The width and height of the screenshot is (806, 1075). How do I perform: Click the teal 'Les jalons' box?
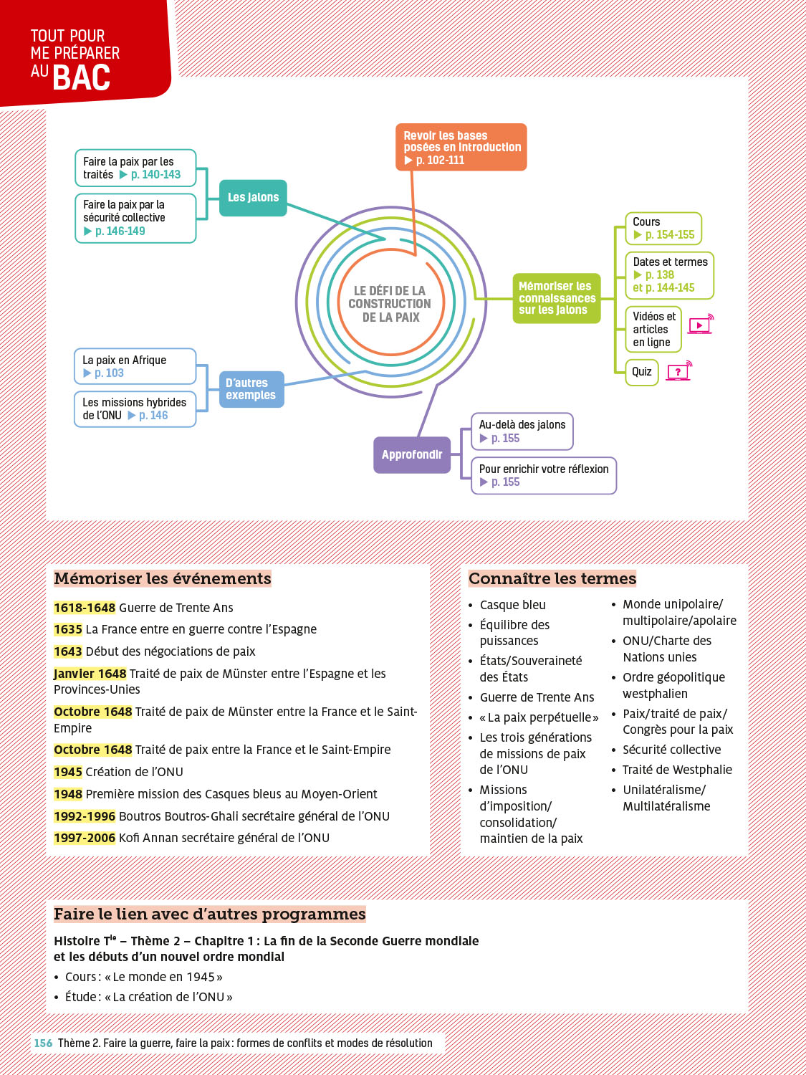point(253,198)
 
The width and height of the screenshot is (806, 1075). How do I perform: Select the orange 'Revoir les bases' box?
point(461,147)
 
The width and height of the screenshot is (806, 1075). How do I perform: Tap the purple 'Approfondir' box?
point(412,454)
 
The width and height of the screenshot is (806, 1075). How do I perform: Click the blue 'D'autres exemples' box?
point(251,389)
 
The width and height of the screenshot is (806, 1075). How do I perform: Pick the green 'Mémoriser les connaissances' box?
point(557,298)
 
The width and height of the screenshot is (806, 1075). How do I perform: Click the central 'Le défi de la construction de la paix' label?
point(390,304)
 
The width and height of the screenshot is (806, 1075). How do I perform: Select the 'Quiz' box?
point(642,372)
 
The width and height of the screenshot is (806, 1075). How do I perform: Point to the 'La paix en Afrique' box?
point(135,366)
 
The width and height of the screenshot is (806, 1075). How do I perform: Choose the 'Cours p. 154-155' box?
point(663,229)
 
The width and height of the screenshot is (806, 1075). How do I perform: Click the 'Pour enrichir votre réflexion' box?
point(544,475)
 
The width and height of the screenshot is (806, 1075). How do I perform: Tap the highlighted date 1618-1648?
point(85,608)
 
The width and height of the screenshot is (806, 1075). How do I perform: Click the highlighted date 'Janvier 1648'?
point(90,674)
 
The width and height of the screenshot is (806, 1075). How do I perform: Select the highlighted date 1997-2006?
point(85,838)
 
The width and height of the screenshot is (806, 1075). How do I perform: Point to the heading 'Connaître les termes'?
point(552,578)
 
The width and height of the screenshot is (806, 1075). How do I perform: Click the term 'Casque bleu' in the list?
point(512,605)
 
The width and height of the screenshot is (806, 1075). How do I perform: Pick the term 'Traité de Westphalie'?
point(677,770)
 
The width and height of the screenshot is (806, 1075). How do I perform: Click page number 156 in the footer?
point(43,1043)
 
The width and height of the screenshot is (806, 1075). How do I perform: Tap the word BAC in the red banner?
point(82,78)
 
